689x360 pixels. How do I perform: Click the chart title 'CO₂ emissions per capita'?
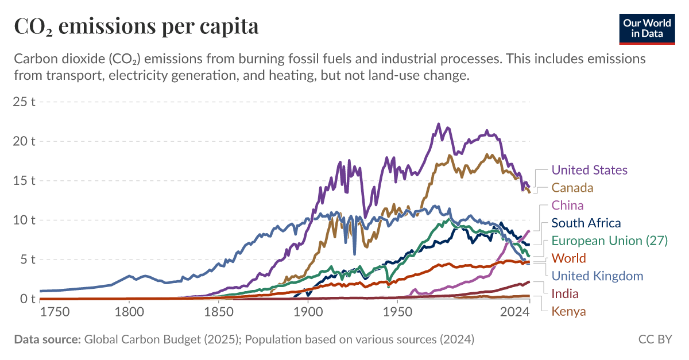tap(136, 26)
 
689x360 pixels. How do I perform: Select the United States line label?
tap(589, 170)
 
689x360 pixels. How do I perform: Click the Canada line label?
tap(572, 188)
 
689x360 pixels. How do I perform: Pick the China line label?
tap(567, 206)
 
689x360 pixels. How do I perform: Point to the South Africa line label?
tap(586, 223)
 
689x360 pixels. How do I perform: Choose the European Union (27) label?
tap(609, 241)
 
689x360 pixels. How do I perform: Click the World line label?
tap(568, 258)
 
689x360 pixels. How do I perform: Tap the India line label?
tap(564, 293)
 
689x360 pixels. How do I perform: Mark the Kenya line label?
tap(568, 311)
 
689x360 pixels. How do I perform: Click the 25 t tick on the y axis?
tap(25, 102)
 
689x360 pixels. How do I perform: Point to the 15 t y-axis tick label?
tap(25, 180)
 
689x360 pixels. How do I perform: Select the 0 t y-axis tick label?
tap(28, 299)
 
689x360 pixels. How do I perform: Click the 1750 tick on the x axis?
tap(55, 312)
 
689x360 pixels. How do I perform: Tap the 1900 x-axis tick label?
tap(308, 312)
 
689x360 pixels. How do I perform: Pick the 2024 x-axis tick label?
tap(514, 312)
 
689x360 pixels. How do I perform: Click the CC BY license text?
tap(655, 339)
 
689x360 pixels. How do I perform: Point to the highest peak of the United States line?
tap(439, 124)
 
